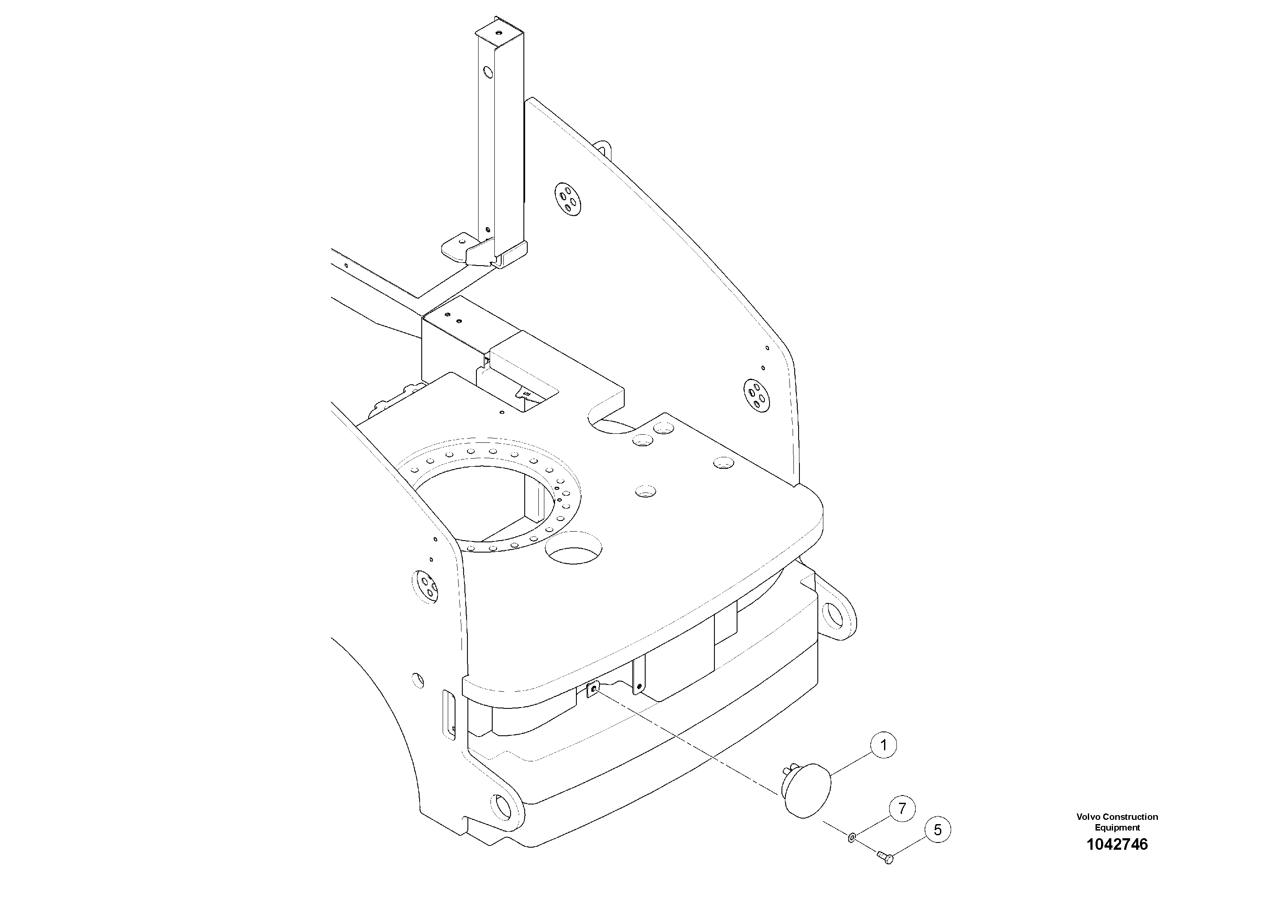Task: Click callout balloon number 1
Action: pos(884,745)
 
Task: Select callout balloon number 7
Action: pos(902,809)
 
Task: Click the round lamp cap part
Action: pos(807,790)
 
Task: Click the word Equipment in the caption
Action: pos(1117,828)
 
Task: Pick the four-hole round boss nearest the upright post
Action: pos(567,199)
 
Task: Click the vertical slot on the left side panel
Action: pos(448,714)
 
